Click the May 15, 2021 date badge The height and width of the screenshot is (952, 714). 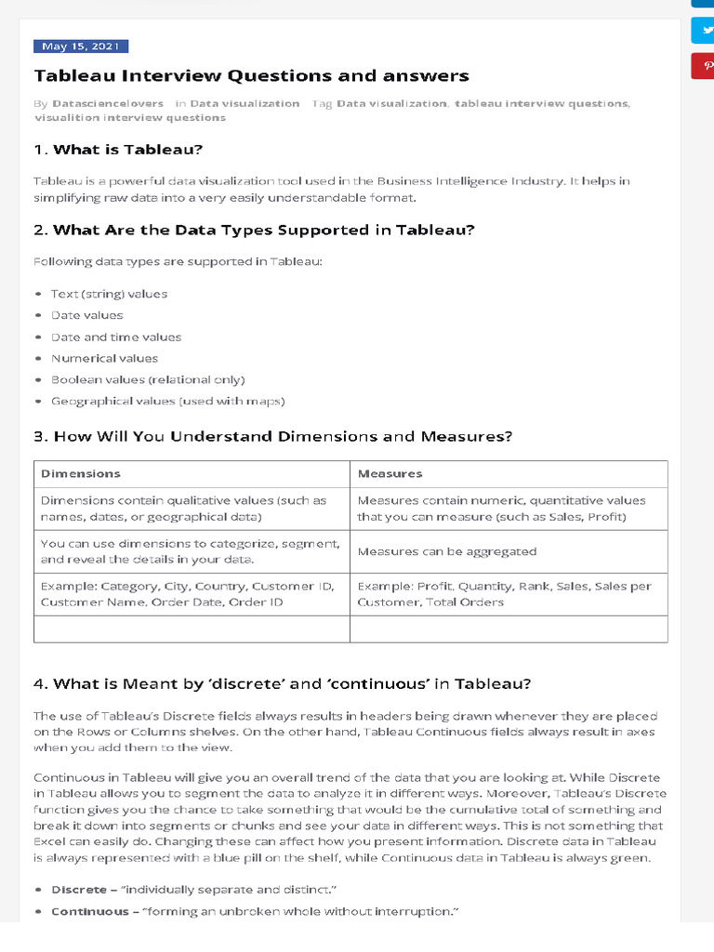click(81, 46)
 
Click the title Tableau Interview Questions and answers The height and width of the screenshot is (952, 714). click(252, 76)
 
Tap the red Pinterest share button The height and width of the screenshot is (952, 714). click(703, 66)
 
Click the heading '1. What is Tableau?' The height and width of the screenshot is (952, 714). click(118, 149)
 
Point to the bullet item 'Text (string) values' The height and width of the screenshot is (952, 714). click(109, 294)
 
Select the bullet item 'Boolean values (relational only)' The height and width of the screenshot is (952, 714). click(148, 379)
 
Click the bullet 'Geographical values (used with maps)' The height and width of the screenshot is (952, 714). click(167, 401)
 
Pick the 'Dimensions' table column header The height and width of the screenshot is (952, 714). click(81, 473)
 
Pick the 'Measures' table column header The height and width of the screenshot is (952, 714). click(390, 473)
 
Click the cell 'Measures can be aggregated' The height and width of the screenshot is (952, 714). click(446, 551)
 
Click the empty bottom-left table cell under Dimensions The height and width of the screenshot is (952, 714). click(192, 629)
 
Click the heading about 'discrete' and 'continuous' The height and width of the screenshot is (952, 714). click(282, 683)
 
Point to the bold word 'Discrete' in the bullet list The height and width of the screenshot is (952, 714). click(78, 890)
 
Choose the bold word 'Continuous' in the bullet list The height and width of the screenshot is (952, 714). click(89, 911)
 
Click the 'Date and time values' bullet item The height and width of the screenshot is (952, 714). click(116, 337)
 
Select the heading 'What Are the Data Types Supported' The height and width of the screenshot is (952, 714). click(254, 230)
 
